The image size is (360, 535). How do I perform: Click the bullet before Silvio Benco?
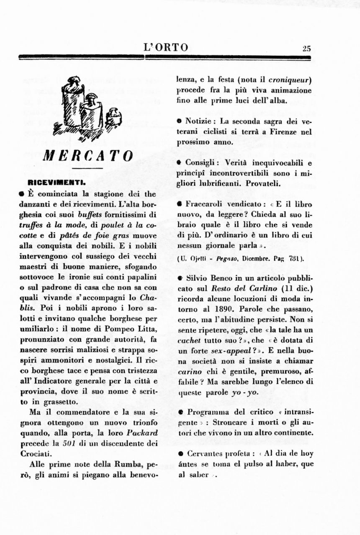click(179, 278)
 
